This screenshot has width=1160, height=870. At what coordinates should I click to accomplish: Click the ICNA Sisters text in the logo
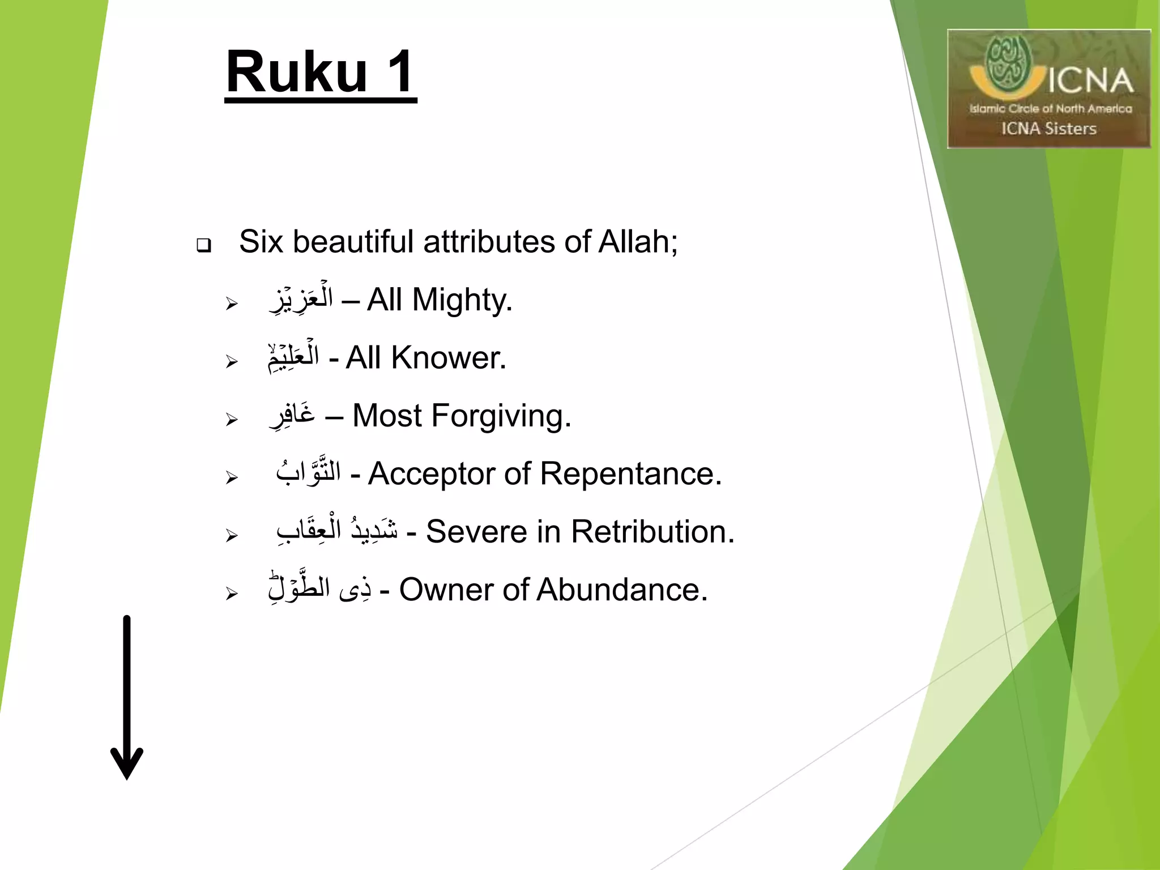click(x=1048, y=129)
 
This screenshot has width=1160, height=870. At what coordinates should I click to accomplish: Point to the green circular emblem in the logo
click(x=1008, y=63)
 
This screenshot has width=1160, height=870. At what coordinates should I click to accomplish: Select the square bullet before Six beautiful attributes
click(x=203, y=245)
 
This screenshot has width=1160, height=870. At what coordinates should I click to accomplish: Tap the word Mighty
click(x=461, y=300)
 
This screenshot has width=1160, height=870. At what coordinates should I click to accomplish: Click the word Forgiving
click(x=501, y=416)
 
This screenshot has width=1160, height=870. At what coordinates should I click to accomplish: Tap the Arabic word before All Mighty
click(x=301, y=299)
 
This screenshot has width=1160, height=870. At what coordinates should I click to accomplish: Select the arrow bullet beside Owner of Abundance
click(x=231, y=594)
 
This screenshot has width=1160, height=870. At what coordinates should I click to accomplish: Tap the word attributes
click(x=488, y=242)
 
